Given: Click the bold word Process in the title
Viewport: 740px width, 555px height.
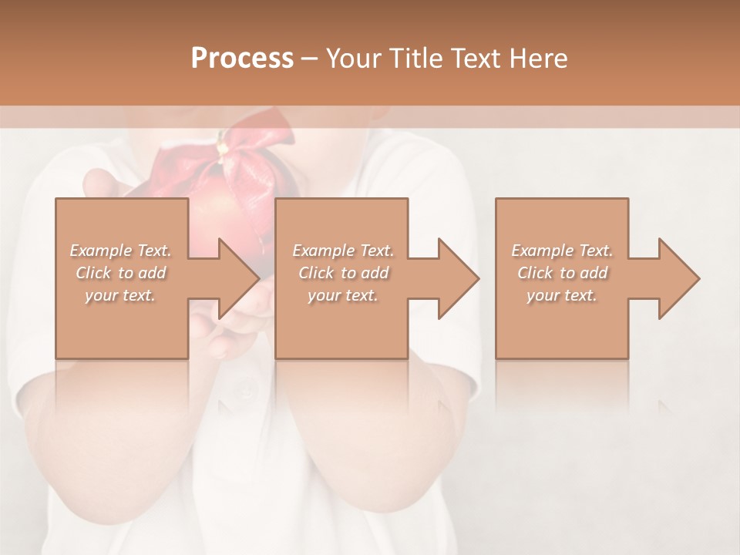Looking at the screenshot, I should (x=242, y=58).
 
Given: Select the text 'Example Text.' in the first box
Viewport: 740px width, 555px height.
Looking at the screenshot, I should (x=120, y=251).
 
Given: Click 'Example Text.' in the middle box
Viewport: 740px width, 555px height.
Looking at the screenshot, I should (x=343, y=251).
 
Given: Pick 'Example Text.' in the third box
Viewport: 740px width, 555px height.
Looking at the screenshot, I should (x=562, y=251).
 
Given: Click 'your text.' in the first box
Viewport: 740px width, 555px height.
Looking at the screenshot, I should (x=120, y=295).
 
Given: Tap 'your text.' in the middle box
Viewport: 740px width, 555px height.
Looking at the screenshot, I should (x=343, y=295).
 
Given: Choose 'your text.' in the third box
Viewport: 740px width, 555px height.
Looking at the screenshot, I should (x=562, y=295).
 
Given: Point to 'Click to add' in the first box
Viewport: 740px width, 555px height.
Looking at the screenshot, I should (x=120, y=273).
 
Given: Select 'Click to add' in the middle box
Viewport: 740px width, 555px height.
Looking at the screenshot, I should (x=343, y=273).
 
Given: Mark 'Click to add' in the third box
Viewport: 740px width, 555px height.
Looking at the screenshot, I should (x=562, y=273).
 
